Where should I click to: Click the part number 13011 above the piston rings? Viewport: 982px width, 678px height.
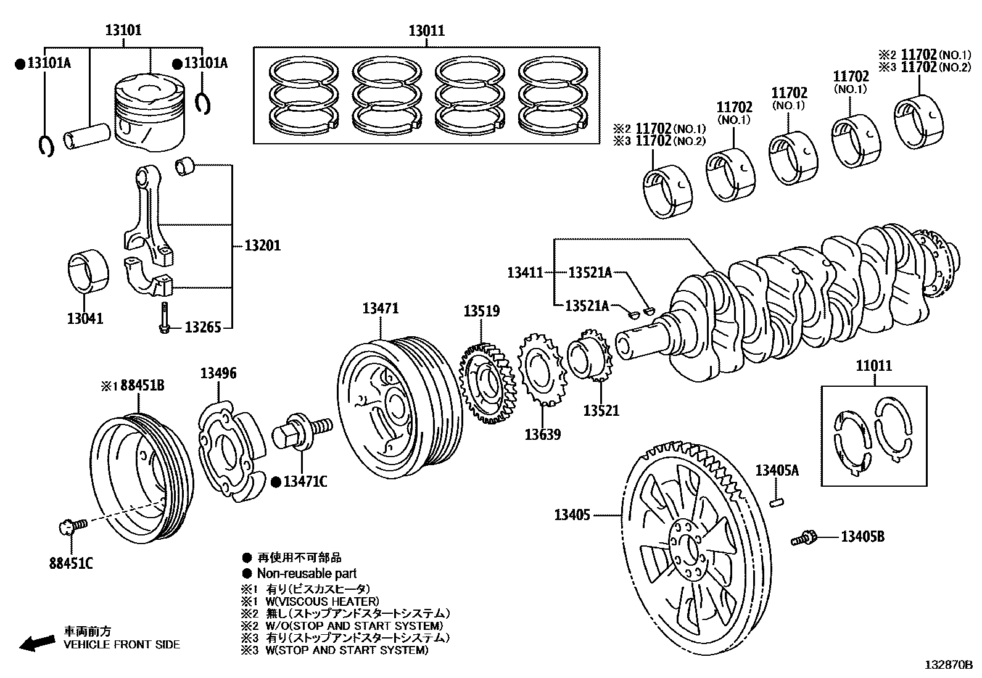(x=426, y=31)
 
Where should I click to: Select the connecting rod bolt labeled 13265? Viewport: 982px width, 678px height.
(x=164, y=318)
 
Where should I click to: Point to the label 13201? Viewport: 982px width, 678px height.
(x=262, y=246)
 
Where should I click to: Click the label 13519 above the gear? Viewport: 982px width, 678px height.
(x=482, y=312)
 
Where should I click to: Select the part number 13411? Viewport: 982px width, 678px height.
(x=525, y=272)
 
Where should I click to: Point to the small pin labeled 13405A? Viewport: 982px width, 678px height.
(x=777, y=502)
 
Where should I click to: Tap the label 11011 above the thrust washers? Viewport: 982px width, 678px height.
(x=873, y=366)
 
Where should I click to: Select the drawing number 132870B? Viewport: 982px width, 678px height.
(x=948, y=665)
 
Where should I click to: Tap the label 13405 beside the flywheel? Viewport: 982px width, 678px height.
(x=572, y=514)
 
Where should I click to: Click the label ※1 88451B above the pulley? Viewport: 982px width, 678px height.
(x=133, y=386)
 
